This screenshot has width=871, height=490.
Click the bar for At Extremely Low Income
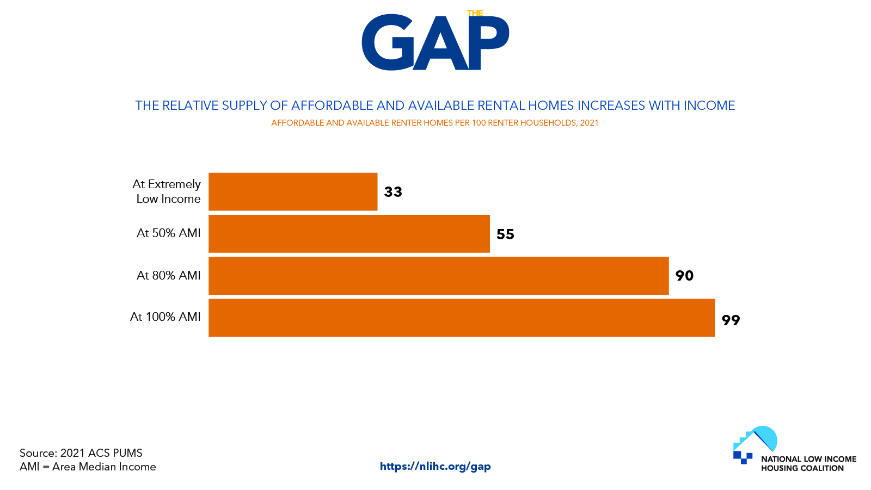click(293, 191)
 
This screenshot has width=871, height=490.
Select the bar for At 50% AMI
click(349, 233)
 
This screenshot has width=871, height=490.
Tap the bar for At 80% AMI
click(439, 276)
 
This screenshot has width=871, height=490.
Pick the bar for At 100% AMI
click(462, 318)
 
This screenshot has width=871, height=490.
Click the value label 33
click(392, 192)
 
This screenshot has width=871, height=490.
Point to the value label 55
click(505, 234)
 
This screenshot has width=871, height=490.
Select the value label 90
click(684, 276)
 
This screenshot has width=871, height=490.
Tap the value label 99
click(731, 320)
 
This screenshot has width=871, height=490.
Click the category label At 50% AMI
click(168, 233)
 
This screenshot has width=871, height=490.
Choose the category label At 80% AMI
click(168, 276)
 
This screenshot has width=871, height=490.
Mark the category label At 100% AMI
click(165, 317)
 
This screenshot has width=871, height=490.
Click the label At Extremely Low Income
click(167, 191)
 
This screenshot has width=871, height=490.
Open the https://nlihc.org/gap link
click(435, 466)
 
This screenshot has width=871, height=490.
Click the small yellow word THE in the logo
click(475, 13)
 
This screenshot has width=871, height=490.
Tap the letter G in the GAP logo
click(388, 42)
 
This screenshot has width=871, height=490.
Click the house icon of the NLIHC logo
click(755, 444)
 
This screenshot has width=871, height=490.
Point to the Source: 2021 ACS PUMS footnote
click(81, 453)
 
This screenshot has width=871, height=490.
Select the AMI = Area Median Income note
click(88, 467)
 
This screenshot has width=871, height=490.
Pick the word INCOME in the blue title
click(709, 106)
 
